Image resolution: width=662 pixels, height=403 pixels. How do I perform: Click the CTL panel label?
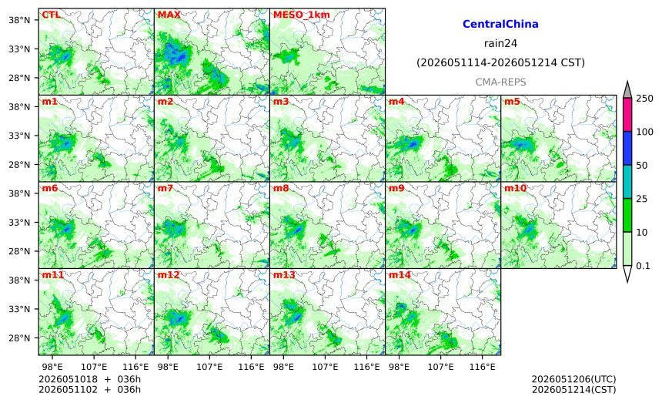(x=51, y=15)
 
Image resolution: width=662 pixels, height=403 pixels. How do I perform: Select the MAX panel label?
(x=169, y=15)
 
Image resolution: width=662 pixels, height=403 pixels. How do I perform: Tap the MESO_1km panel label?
(x=302, y=15)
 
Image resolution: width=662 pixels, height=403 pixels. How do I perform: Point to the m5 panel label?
(x=512, y=102)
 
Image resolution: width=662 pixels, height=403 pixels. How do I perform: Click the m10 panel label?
(x=515, y=188)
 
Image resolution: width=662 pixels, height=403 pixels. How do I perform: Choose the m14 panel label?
(x=400, y=275)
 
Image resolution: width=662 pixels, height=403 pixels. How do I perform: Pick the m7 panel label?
(x=165, y=188)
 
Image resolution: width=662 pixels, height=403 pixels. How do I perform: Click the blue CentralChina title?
(x=500, y=24)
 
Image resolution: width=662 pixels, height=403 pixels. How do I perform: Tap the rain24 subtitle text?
(x=500, y=43)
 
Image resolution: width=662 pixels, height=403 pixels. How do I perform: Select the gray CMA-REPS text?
(x=500, y=82)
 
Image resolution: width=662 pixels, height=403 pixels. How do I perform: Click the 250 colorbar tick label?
(x=645, y=99)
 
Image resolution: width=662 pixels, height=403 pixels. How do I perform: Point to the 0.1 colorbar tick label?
(x=643, y=266)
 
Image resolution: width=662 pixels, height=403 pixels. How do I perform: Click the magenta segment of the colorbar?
(x=627, y=115)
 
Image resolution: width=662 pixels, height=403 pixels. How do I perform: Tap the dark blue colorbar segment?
(x=627, y=148)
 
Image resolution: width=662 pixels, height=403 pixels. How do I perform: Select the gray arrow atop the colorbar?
(x=627, y=89)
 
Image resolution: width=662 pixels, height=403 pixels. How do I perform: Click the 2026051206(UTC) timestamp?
(x=573, y=379)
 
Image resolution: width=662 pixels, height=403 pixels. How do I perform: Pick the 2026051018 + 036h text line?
(x=89, y=379)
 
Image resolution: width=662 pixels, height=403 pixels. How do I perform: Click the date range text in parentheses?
(x=500, y=63)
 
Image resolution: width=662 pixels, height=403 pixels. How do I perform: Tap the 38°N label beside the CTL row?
(x=19, y=20)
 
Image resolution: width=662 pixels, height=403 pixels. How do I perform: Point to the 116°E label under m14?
(x=483, y=367)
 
